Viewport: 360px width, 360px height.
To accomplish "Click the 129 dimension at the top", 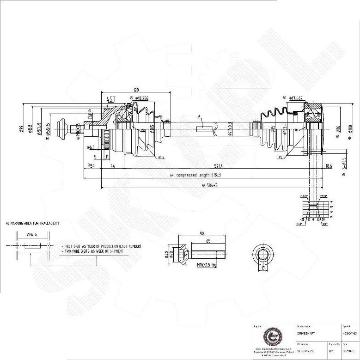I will click(136, 90).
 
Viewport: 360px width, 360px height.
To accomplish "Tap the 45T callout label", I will click(111, 99).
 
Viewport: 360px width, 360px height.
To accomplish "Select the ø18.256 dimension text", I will click(142, 98).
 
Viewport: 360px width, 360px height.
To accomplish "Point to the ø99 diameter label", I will click(21, 129).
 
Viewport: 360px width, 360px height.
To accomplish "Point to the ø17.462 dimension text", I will click(296, 98).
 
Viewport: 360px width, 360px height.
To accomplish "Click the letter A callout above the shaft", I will click(199, 116).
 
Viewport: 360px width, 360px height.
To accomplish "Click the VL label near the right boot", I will click(280, 157).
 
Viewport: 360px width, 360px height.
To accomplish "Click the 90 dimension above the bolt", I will click(202, 234).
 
